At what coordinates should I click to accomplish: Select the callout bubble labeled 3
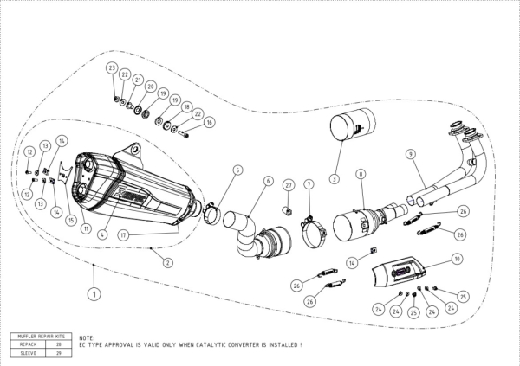tap(333, 179)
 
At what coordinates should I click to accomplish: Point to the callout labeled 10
tap(456, 259)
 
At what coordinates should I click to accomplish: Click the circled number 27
tap(289, 184)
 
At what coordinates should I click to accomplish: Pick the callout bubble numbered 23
tap(112, 67)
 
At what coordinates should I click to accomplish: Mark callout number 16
tap(209, 123)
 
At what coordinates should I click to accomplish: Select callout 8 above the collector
tap(360, 175)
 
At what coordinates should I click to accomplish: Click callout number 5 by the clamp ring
tap(237, 170)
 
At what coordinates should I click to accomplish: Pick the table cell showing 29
tap(59, 352)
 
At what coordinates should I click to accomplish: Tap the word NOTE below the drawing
tap(86, 338)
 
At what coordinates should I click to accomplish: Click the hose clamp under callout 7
tap(314, 231)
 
